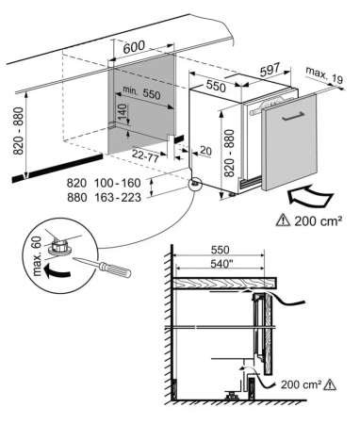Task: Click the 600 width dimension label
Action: [x=134, y=47]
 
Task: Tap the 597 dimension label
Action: [x=270, y=70]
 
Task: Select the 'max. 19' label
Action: [x=325, y=75]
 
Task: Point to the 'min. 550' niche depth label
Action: [x=141, y=92]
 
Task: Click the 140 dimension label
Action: [x=123, y=113]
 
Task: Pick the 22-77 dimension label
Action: [x=145, y=155]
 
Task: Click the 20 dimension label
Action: [x=205, y=151]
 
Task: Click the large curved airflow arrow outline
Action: [x=310, y=196]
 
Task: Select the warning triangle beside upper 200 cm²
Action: [x=283, y=220]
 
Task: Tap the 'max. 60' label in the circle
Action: [x=37, y=256]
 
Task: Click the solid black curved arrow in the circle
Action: [x=57, y=271]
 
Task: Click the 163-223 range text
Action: [x=118, y=198]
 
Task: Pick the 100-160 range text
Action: [x=118, y=183]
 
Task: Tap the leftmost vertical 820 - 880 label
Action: [x=19, y=131]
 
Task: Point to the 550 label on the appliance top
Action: [x=216, y=86]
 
